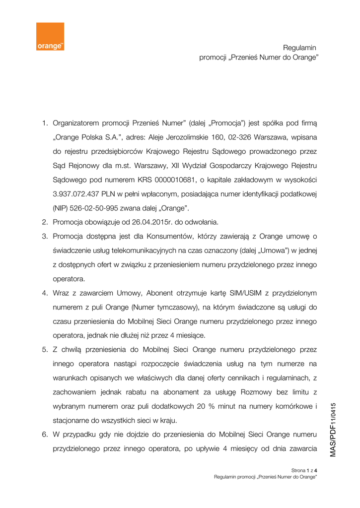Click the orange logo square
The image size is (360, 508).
pos(50,36)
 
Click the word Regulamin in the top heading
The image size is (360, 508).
pos(299,48)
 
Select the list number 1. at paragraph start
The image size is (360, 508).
pos(44,122)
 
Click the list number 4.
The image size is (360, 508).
pos(44,293)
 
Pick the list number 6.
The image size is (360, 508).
pos(44,435)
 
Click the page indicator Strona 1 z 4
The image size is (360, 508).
pos(304,470)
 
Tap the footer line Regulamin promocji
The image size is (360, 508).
pos(266,477)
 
